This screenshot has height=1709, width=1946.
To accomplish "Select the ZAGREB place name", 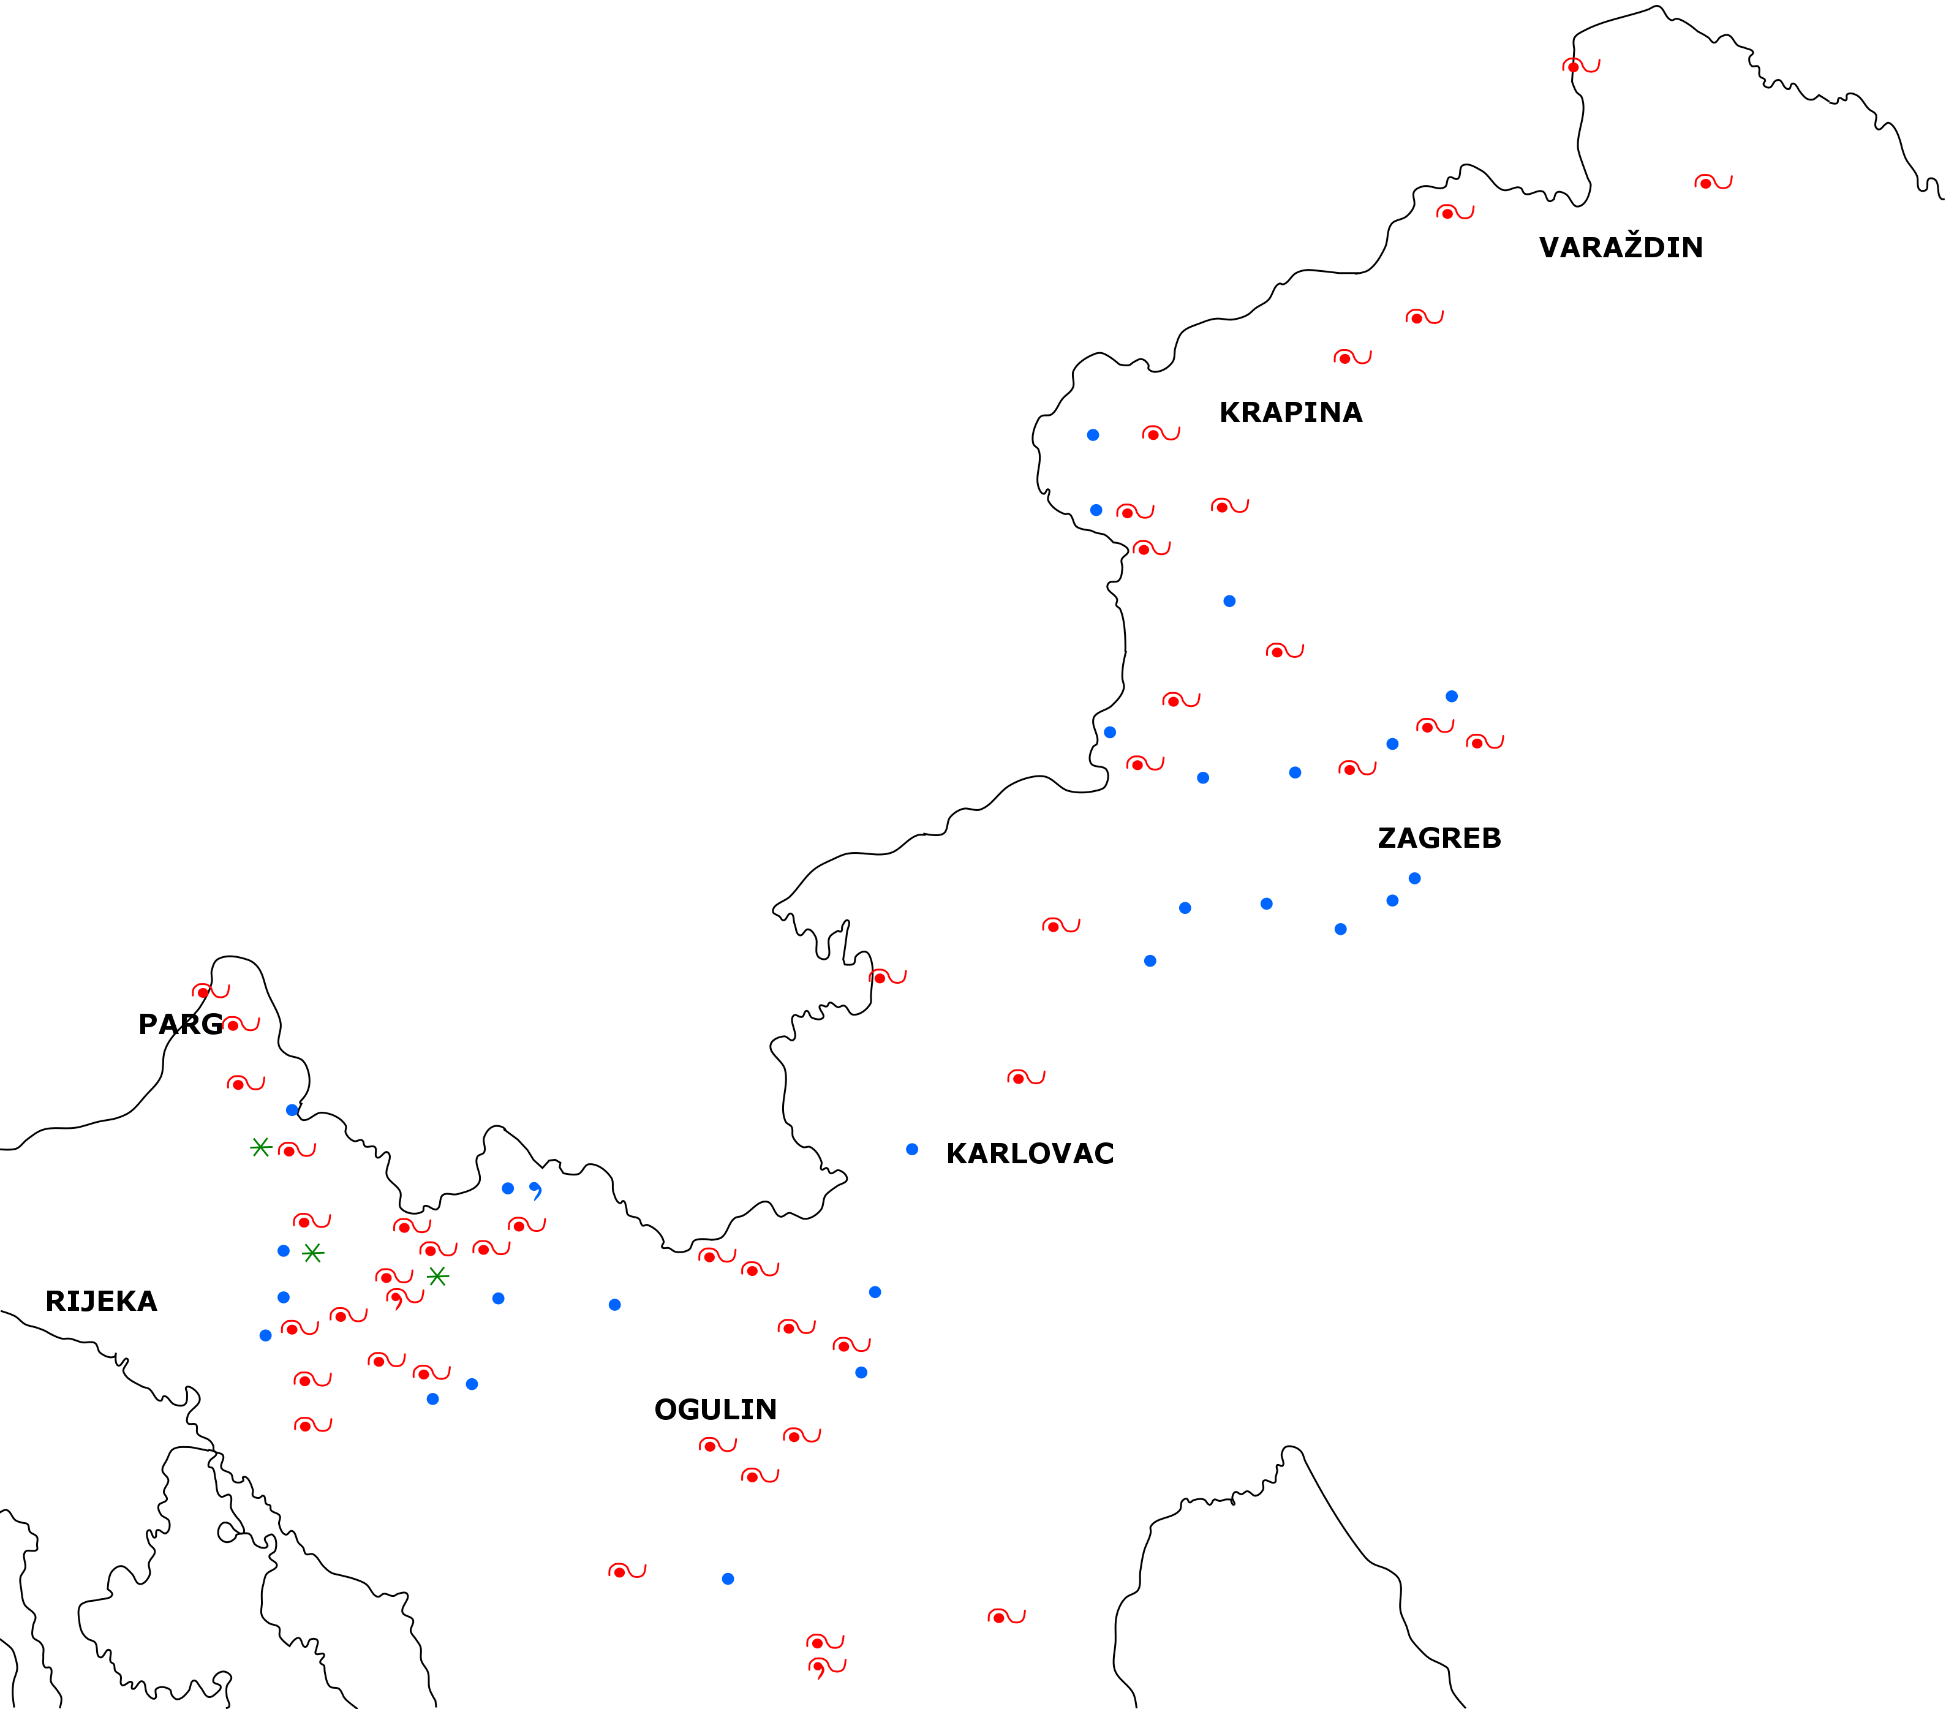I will tap(1439, 838).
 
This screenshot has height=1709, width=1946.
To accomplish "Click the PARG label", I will tap(180, 1024).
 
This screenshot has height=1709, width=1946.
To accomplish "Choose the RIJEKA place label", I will tap(101, 1302).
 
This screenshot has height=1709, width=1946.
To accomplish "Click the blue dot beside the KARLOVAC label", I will tap(912, 1149).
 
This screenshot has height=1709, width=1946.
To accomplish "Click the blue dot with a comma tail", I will tap(535, 1189).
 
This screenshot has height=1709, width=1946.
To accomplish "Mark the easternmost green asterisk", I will tap(437, 1277).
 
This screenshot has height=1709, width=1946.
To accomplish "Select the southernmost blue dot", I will tap(727, 1579).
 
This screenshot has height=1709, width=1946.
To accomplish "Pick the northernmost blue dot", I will tap(1093, 435).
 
